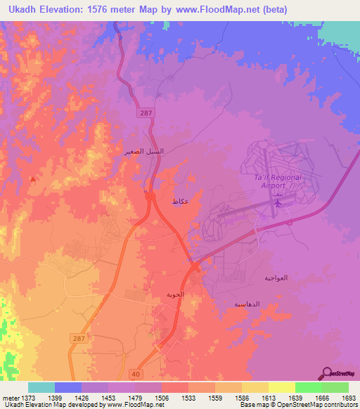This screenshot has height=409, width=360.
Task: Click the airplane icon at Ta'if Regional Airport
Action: [x=278, y=203]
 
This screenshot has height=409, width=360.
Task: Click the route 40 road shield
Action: [x=136, y=375]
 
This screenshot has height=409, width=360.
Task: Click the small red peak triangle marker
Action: [x=32, y=178]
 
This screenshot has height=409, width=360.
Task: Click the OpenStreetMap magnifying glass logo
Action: [x=326, y=372]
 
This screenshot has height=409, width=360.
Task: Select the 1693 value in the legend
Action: [x=349, y=398]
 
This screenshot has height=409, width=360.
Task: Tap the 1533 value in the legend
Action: [x=188, y=398]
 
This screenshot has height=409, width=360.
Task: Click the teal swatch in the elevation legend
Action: [x=41, y=387]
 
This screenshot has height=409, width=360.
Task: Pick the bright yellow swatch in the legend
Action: [x=281, y=387]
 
